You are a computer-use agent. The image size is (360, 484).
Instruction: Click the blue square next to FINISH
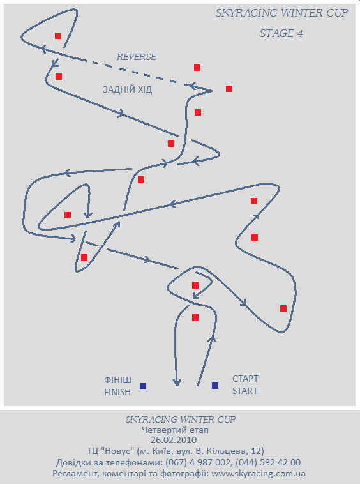(143, 386)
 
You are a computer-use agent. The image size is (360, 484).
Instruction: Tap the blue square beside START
(215, 386)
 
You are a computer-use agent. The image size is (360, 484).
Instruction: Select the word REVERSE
(137, 57)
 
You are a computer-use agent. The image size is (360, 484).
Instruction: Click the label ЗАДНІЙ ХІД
(128, 89)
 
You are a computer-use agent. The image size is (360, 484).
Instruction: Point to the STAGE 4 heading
(281, 33)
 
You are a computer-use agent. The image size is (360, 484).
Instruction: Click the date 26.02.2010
(174, 440)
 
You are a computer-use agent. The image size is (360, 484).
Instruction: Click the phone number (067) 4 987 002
(198, 462)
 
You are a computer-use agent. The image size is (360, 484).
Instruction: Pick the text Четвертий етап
(176, 430)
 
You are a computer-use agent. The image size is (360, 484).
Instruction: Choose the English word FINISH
(117, 392)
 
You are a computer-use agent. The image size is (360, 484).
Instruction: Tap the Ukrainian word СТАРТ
(245, 379)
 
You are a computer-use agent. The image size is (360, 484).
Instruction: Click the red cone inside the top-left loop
(58, 36)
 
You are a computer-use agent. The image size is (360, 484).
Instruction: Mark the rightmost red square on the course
(283, 308)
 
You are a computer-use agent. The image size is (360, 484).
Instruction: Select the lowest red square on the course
(195, 317)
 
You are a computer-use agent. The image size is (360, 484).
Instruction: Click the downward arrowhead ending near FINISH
(176, 382)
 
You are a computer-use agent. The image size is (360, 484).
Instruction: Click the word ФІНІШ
(117, 380)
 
